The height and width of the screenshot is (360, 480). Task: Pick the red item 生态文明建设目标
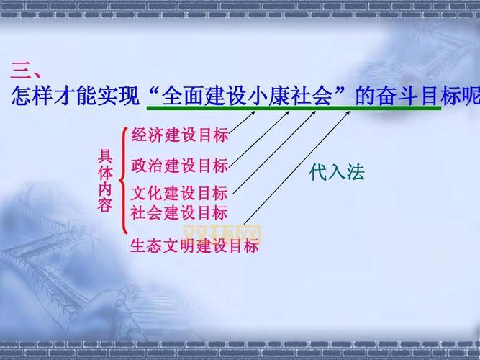tap(194, 246)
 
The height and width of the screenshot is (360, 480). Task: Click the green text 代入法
tap(337, 173)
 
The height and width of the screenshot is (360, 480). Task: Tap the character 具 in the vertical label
tap(105, 157)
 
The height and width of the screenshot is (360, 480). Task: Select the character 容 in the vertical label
tap(105, 205)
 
